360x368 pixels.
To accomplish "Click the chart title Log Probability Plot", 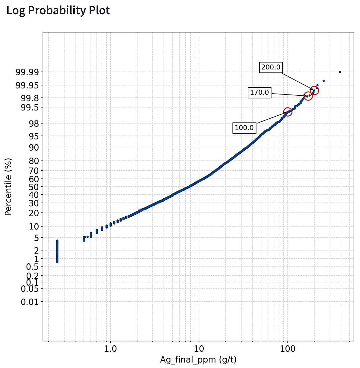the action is tap(58, 11).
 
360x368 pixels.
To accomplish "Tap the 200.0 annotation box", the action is tap(271, 67).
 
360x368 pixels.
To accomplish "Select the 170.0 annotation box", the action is tap(260, 92).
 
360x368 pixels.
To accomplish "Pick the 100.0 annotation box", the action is tap(244, 128).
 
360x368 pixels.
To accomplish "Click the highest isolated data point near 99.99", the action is tap(340, 72).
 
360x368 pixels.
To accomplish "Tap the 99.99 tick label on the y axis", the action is tap(27, 72).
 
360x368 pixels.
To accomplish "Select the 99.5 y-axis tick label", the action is tap(30, 107).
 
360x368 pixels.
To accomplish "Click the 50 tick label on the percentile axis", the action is tap(34, 187).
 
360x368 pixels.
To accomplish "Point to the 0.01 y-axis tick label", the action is tap(30, 302).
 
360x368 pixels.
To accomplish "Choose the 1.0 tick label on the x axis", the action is tap(110, 349).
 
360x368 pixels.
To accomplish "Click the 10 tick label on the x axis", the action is tap(199, 349).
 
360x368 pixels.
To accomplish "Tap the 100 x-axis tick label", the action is tap(288, 349).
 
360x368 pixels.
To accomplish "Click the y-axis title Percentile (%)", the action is tap(8, 187).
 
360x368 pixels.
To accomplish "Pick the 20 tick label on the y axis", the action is tap(34, 213).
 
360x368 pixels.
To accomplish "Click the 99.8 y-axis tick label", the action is tap(30, 98).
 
